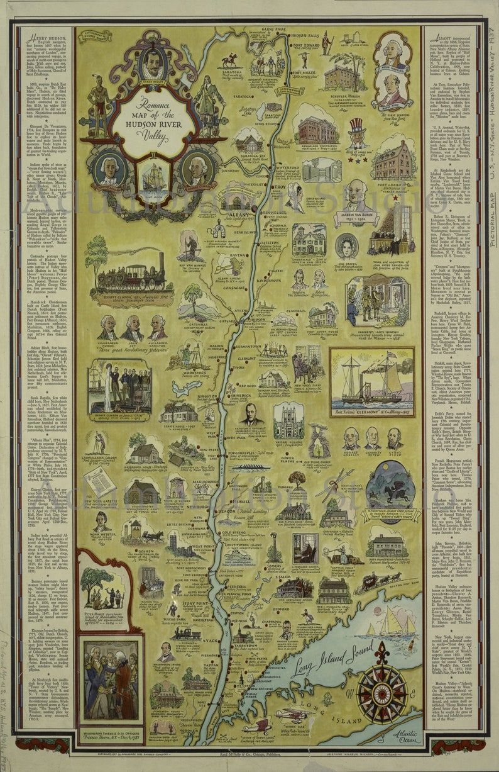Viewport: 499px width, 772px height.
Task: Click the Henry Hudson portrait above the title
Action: click(x=153, y=64)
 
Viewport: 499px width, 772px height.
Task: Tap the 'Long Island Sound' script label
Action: click(x=327, y=666)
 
